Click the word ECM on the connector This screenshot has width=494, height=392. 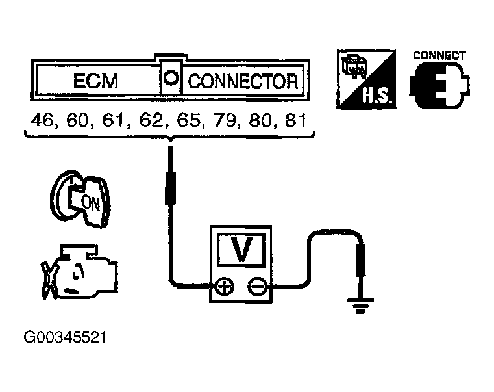click(95, 83)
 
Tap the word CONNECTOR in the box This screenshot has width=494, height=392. click(243, 82)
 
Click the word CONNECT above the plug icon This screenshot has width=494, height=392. click(439, 55)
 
